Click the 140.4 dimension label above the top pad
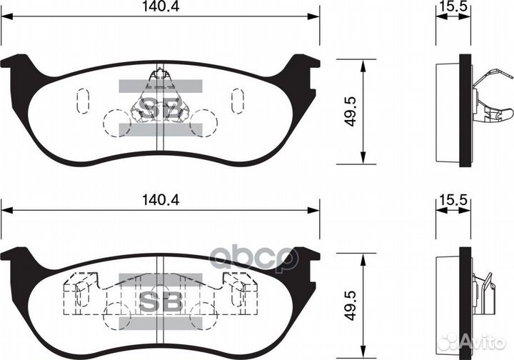point(160,7)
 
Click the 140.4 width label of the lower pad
point(160,201)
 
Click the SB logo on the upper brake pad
point(160,107)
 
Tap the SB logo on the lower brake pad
point(160,301)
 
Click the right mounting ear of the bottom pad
point(306,256)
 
